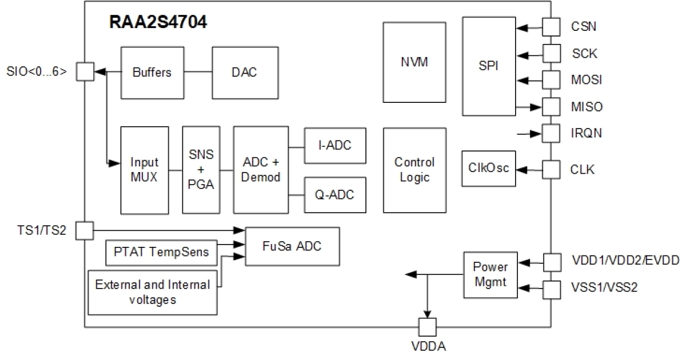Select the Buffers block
(151, 73)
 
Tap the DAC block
(244, 73)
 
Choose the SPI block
(488, 66)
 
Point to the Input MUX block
(145, 170)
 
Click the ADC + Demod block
(260, 170)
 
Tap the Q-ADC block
(334, 194)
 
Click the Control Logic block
(414, 170)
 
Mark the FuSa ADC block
(292, 246)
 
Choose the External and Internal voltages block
(153, 291)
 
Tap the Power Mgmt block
(490, 274)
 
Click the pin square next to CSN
(551, 26)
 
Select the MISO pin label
(587, 107)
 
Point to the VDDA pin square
(426, 327)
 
